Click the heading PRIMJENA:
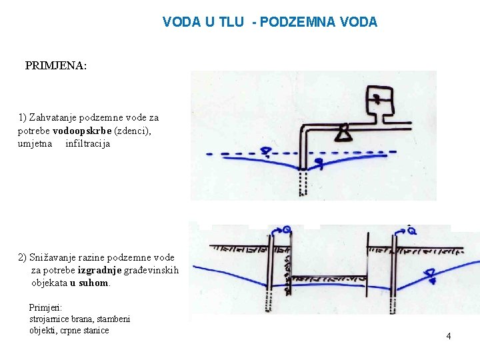click(56, 66)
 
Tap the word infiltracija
click(87, 143)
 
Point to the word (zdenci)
click(133, 131)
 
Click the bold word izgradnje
click(99, 270)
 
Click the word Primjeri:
click(45, 307)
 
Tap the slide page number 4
click(448, 336)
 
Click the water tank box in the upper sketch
click(379, 102)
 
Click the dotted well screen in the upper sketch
click(303, 183)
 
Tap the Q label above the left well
click(286, 229)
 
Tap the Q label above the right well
click(411, 231)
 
